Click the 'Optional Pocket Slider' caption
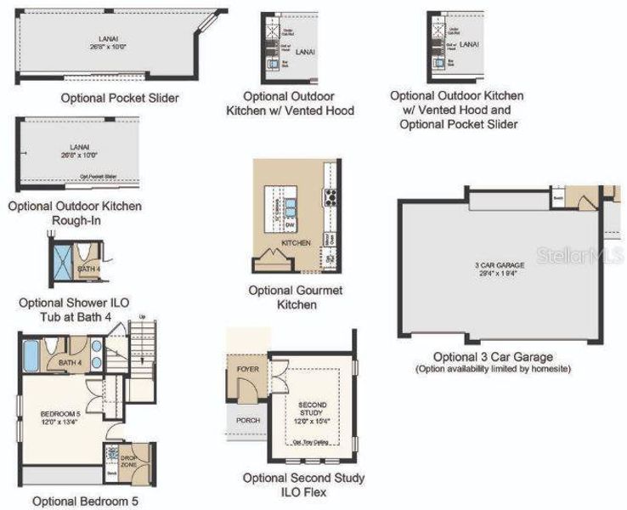pos(120,98)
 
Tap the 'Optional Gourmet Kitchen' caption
pos(296,297)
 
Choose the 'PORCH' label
pos(248,421)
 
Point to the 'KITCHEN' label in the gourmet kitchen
pos(296,243)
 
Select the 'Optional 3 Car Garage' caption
pos(493,356)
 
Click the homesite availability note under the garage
pos(493,369)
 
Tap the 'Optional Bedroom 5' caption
pos(85,501)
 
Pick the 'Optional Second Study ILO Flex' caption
pos(303,485)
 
